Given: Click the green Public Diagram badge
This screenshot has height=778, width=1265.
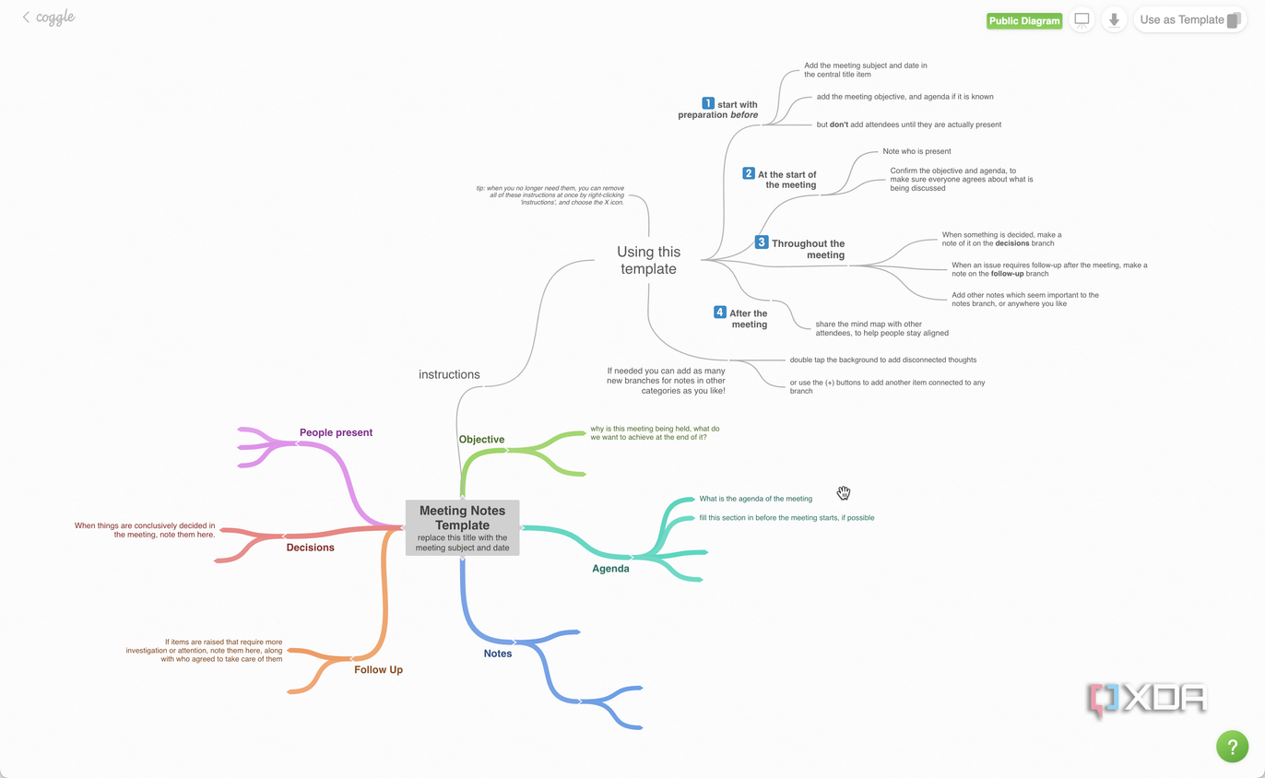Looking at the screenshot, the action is (x=1023, y=21).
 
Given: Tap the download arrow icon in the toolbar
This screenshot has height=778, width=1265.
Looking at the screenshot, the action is (x=1114, y=20).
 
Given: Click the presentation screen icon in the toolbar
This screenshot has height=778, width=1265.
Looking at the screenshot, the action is (x=1082, y=20).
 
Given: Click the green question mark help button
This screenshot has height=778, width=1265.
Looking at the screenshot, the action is (x=1232, y=747).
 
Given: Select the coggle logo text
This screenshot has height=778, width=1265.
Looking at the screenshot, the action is (x=54, y=18).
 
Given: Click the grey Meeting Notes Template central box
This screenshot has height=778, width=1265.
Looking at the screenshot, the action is (x=463, y=527).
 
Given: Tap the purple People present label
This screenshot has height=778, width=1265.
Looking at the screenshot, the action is (x=336, y=432).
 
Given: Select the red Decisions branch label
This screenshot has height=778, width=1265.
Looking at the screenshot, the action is (x=310, y=548).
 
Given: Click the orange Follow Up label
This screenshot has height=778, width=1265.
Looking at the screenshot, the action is (x=378, y=669).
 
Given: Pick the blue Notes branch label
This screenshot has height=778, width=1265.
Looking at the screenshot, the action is (x=498, y=654).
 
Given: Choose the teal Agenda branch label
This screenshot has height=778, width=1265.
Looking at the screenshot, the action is (x=610, y=569).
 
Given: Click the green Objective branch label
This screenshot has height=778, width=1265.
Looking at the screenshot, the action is (x=481, y=440).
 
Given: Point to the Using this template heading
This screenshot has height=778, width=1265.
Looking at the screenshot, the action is (x=648, y=260).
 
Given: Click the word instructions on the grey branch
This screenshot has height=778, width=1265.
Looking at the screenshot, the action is (x=449, y=374).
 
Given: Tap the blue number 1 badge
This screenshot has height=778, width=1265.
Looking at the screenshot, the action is (x=707, y=103).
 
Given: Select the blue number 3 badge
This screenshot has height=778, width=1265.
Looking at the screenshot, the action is (x=762, y=242).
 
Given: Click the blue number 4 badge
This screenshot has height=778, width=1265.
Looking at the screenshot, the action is (x=719, y=312).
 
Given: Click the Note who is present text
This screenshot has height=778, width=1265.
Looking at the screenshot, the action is (x=916, y=151).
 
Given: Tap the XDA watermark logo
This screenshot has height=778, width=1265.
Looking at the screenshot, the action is (x=1147, y=700).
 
